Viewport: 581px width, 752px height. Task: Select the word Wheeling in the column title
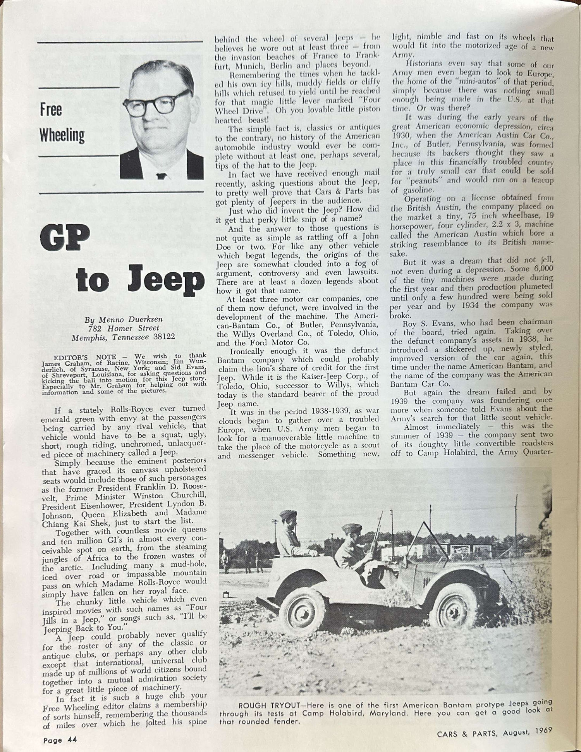(x=62, y=136)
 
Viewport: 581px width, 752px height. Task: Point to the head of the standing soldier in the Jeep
(x=289, y=517)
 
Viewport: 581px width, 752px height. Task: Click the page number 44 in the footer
(x=72, y=740)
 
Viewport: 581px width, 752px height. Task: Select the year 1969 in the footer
(x=542, y=732)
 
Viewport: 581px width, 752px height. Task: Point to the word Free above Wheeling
(x=51, y=110)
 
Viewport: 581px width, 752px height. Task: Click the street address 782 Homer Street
(x=122, y=329)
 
